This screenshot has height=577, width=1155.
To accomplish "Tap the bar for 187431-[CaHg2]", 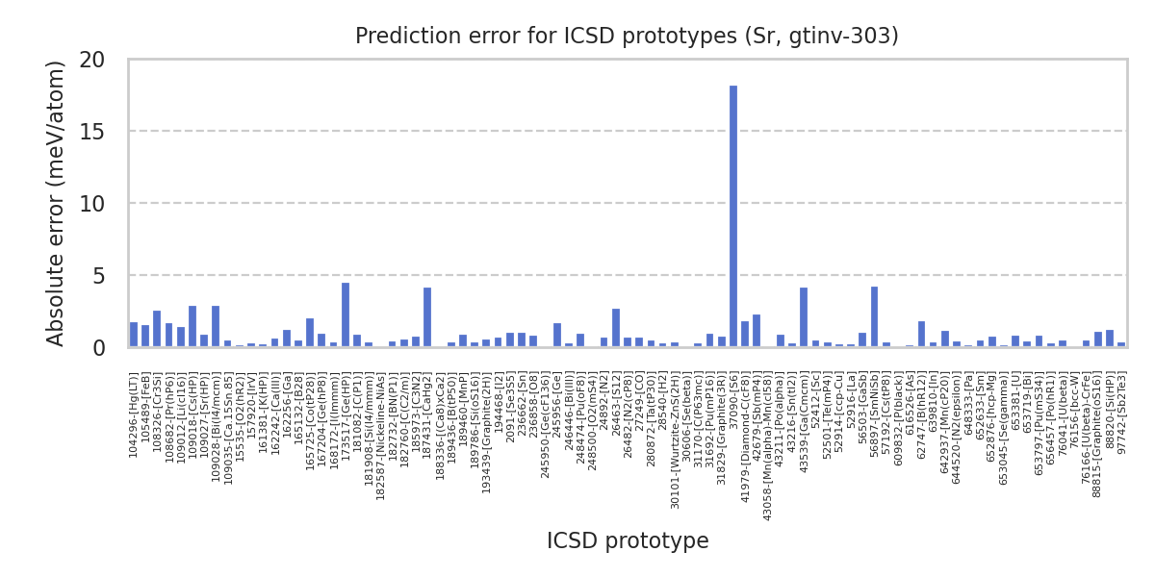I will tap(427, 317).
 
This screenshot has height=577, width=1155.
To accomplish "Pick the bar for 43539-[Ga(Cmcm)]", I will tap(804, 317).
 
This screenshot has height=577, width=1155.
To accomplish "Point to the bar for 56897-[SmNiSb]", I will tap(874, 317).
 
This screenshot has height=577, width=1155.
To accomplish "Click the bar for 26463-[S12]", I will tap(616, 328).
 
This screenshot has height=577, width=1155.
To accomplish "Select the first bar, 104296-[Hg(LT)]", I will tap(134, 335).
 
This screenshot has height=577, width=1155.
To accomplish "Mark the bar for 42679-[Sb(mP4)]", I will tap(757, 331).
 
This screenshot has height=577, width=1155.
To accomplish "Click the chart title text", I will tap(627, 37).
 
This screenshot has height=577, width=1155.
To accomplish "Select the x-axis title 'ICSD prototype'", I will tap(628, 541).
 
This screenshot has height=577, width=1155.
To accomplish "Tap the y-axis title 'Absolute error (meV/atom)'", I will tap(57, 203).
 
